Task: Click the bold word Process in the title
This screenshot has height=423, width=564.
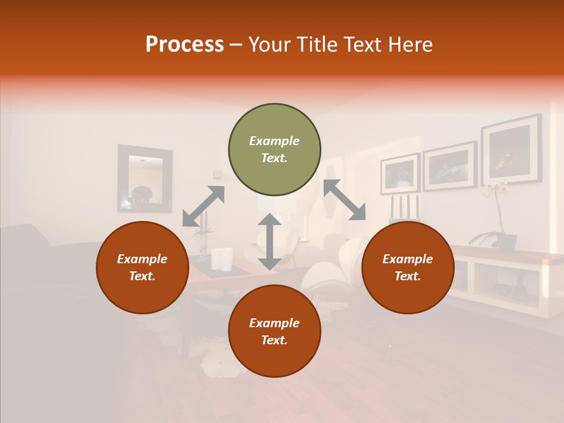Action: pyautogui.click(x=184, y=45)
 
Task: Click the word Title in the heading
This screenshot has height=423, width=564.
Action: pyautogui.click(x=317, y=45)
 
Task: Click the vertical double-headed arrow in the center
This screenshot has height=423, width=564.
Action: pyautogui.click(x=269, y=241)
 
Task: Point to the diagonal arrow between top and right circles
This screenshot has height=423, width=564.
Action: pyautogui.click(x=345, y=200)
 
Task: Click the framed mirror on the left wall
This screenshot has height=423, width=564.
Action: pyautogui.click(x=145, y=179)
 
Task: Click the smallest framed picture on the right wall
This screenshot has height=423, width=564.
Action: pyautogui.click(x=399, y=173)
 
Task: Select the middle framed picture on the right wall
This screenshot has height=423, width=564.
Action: pyautogui.click(x=449, y=166)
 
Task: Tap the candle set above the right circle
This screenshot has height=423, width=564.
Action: pyautogui.click(x=405, y=209)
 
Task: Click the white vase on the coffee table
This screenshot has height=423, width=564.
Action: pyautogui.click(x=221, y=259)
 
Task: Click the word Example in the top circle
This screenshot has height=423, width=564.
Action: pyautogui.click(x=274, y=141)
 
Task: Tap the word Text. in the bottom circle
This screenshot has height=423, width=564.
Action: pyautogui.click(x=274, y=340)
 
